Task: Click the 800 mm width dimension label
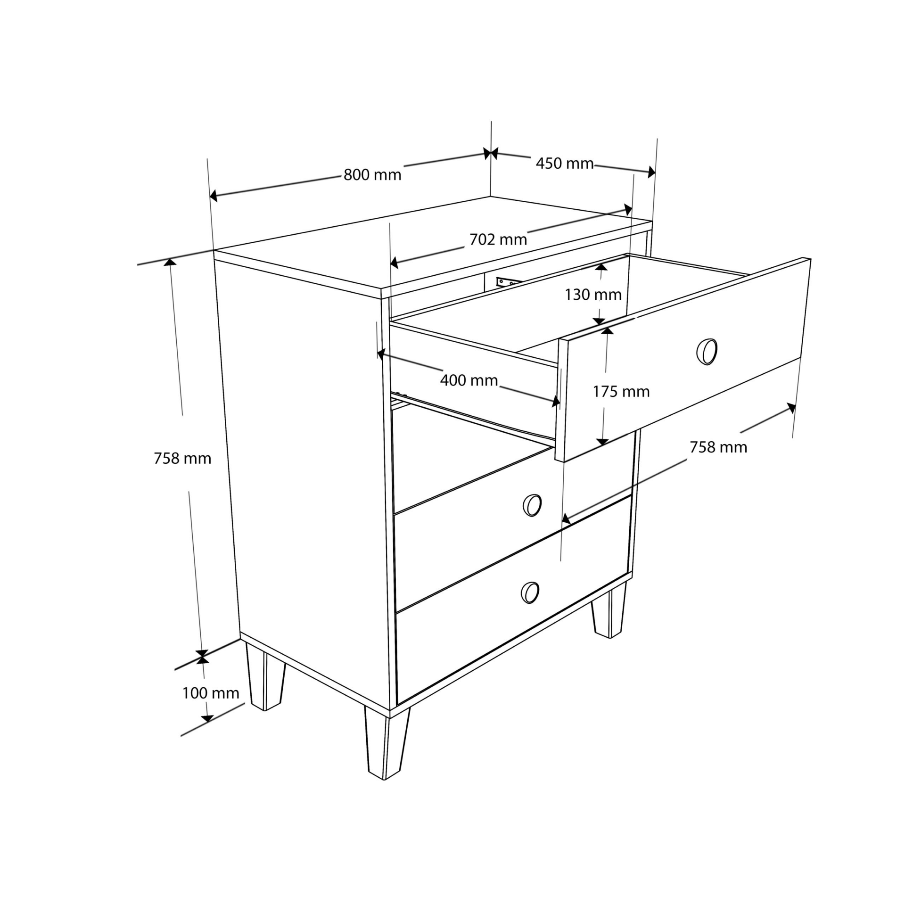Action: tap(372, 175)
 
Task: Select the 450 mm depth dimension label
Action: tap(564, 163)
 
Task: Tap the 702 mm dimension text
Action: tap(498, 239)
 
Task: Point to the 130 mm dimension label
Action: tap(593, 295)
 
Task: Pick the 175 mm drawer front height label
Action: tap(621, 391)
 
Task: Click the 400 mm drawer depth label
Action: tap(469, 380)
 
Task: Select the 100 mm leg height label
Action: tap(210, 693)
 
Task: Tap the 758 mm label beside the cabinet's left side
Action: tap(182, 458)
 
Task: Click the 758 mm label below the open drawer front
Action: tap(718, 447)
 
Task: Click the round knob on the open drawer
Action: tap(707, 352)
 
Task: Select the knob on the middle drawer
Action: tap(532, 505)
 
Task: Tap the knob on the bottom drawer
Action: tap(530, 592)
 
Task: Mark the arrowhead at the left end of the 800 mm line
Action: tap(213, 196)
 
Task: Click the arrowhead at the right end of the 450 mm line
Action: tap(651, 172)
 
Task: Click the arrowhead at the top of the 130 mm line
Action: tap(601, 267)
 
